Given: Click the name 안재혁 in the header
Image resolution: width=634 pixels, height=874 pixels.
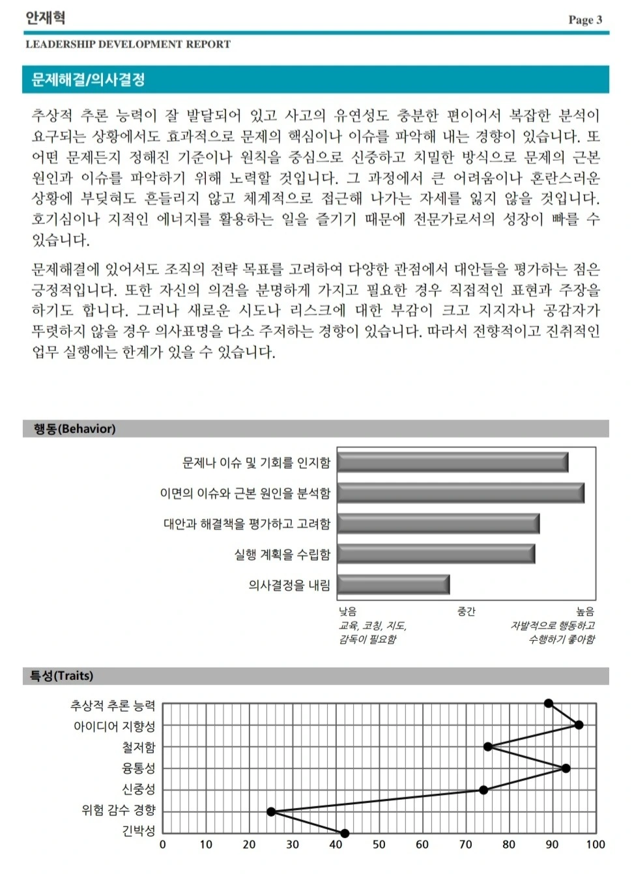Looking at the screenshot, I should (45, 18).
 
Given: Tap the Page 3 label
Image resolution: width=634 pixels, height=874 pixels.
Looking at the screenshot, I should (584, 20).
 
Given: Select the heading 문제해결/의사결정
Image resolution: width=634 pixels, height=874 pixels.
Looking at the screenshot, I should (88, 79).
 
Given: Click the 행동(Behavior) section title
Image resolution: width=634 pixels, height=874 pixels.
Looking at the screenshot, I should (74, 429).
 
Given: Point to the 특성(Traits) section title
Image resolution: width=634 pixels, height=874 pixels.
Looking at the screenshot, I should (61, 675).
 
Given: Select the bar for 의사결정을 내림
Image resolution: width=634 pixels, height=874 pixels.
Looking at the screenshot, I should (393, 584).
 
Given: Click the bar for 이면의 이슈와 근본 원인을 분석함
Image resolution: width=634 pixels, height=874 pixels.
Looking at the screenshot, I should (460, 493).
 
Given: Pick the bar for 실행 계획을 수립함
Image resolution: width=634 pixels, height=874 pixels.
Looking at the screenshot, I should (435, 554).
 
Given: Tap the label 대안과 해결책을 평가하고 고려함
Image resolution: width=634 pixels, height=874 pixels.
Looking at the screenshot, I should (246, 524).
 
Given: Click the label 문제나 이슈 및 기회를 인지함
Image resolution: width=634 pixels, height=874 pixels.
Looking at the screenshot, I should (256, 462).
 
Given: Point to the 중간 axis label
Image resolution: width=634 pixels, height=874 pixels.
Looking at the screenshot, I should (466, 611).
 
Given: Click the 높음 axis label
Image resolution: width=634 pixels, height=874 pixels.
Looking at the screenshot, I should (584, 611).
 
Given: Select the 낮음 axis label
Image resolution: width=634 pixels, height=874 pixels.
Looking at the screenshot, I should (347, 611).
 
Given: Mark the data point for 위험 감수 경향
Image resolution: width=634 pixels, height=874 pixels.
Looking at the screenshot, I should (271, 811).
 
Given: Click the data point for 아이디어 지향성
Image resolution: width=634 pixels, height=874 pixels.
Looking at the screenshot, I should (579, 725).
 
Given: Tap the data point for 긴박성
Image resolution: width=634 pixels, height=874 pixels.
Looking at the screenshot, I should (345, 833).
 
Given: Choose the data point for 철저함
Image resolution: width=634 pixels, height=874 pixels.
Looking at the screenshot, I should (487, 746).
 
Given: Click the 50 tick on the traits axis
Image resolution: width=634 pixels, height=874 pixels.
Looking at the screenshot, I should (379, 845).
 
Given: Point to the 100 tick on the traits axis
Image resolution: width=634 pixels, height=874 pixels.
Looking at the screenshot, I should (595, 845).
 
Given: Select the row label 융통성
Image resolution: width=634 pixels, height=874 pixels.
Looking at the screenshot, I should (139, 768).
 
